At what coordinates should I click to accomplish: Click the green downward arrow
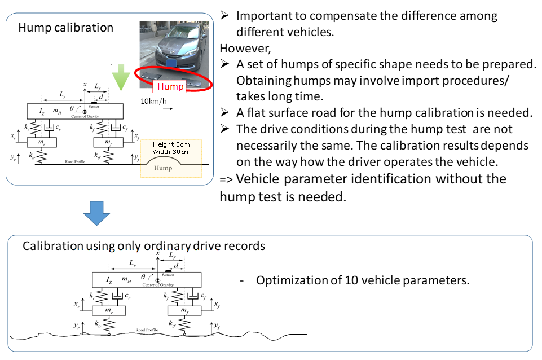pyautogui.click(x=121, y=77)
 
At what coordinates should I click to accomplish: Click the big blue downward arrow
pyautogui.click(x=96, y=213)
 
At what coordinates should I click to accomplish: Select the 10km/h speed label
pyautogui.click(x=153, y=102)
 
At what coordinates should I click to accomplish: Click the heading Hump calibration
pyautogui.click(x=65, y=28)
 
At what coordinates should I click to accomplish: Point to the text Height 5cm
pyautogui.click(x=171, y=144)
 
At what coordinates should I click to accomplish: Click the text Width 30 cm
pyautogui.click(x=171, y=152)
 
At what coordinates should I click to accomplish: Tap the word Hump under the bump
pyautogui.click(x=163, y=168)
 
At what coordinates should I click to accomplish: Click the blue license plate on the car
pyautogui.click(x=171, y=63)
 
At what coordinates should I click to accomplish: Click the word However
pyautogui.click(x=245, y=49)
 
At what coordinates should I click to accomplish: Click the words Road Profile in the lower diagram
pyautogui.click(x=147, y=330)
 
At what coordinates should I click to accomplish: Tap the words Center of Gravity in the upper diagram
pyautogui.click(x=85, y=117)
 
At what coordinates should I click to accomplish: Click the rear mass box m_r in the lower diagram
pyautogui.click(x=109, y=310)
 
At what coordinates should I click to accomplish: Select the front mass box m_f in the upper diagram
pyautogui.click(x=108, y=142)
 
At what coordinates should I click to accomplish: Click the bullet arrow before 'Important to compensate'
pyautogui.click(x=224, y=15)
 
